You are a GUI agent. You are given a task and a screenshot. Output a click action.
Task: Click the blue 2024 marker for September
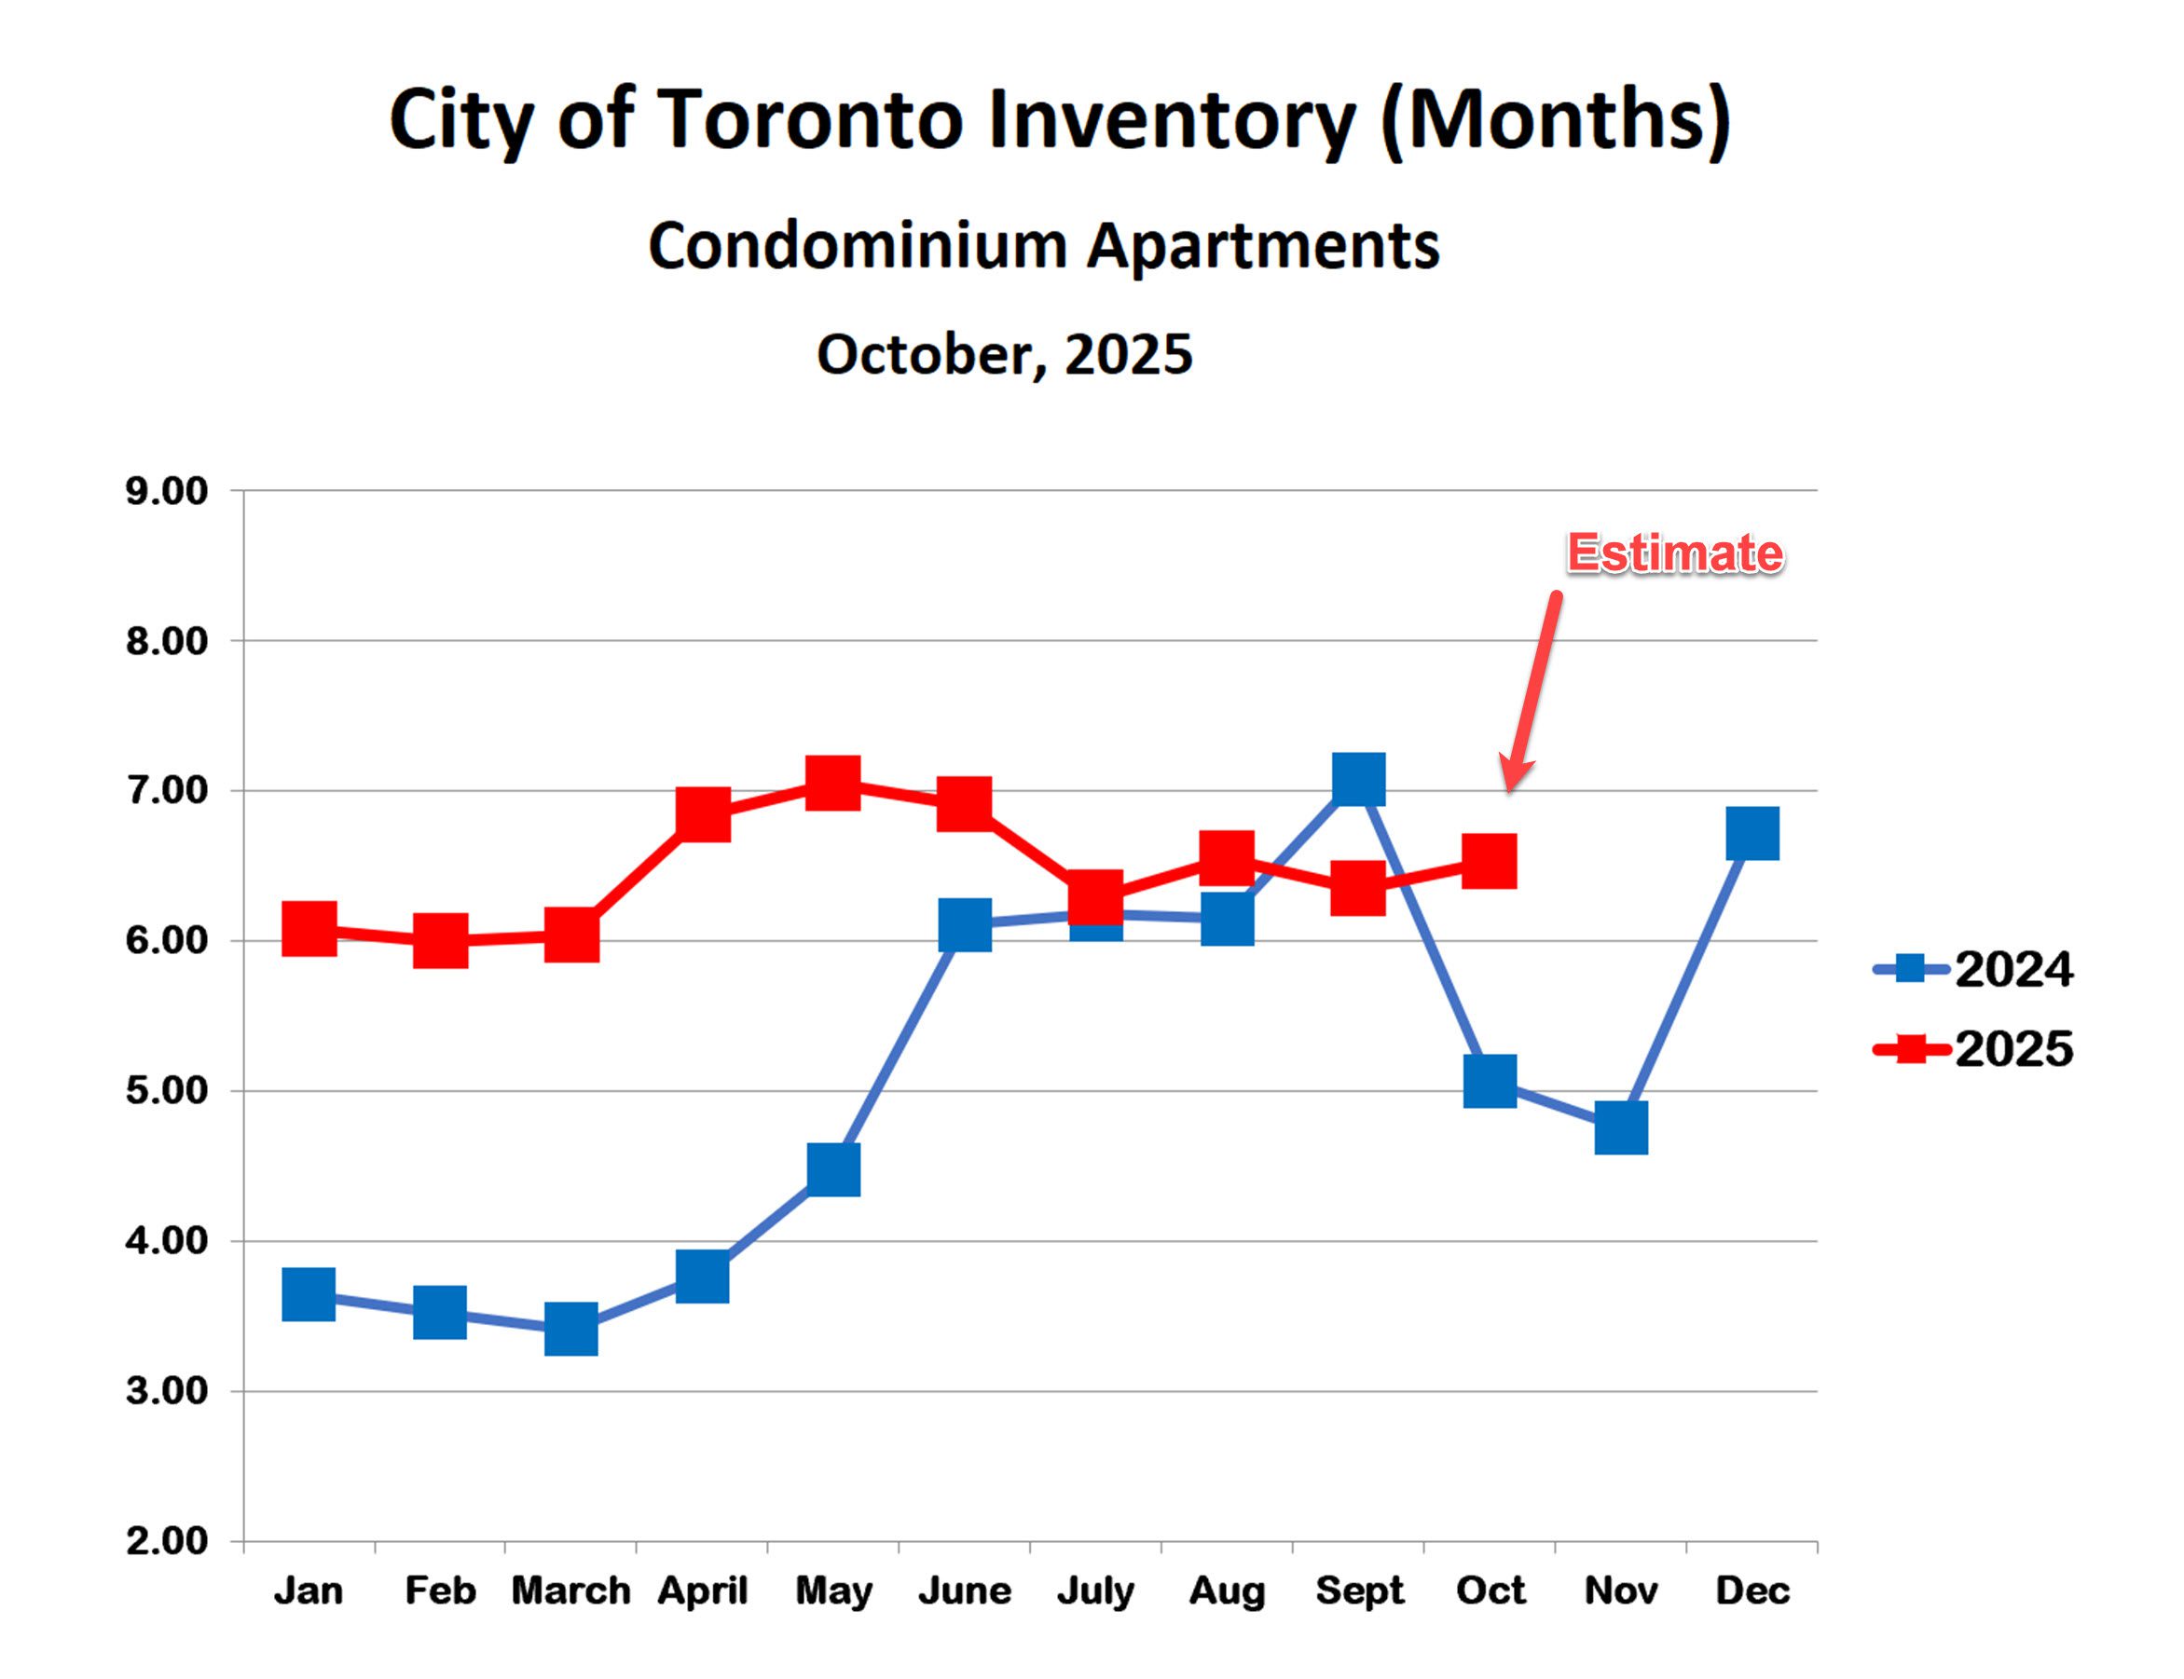point(1358,779)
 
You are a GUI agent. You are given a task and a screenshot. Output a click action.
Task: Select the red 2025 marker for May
point(833,782)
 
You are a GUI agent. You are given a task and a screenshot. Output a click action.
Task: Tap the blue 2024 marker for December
point(1752,834)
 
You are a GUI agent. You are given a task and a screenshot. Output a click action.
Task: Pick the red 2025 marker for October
point(1490,862)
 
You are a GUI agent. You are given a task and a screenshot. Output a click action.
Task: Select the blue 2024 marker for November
point(1620,1128)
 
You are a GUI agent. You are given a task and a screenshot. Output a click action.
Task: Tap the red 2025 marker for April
point(703,813)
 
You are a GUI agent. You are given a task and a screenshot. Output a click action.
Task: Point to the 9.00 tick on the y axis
point(166,491)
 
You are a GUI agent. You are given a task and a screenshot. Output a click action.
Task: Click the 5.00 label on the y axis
point(166,1090)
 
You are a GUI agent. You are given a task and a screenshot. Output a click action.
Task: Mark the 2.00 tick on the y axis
point(166,1541)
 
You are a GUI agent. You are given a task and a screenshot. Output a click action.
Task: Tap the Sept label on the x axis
point(1359,1590)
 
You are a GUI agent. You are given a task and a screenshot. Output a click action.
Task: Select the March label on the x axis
point(570,1590)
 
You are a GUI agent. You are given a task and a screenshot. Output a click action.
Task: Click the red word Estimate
point(1674,553)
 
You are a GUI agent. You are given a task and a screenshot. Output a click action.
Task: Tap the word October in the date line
point(930,354)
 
